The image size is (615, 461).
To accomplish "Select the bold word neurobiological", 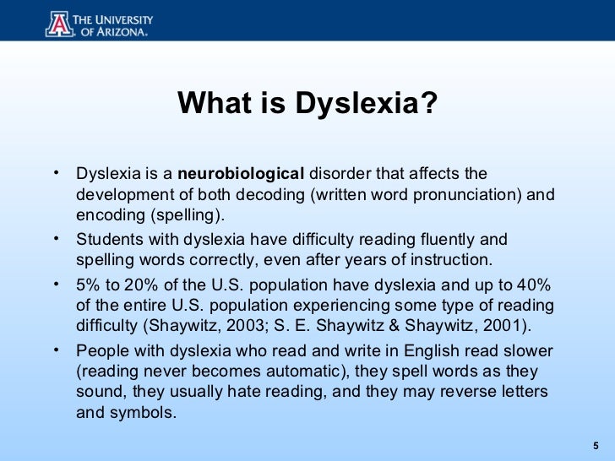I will (242, 175).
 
